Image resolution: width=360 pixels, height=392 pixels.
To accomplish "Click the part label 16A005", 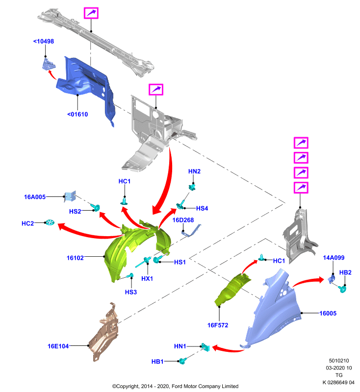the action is click(35, 197).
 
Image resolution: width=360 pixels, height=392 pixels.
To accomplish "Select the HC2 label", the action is click(27, 223).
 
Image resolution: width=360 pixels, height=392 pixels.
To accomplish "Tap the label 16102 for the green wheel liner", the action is click(75, 258).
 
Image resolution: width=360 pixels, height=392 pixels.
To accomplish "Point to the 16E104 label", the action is click(58, 346).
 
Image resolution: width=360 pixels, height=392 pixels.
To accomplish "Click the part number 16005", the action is click(328, 313).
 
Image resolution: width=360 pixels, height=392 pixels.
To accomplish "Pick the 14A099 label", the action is click(334, 258).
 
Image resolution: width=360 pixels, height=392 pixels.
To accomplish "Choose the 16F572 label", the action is click(218, 325).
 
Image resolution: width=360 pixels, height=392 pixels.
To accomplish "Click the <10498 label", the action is click(44, 41).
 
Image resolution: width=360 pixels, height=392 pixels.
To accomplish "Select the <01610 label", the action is click(77, 114).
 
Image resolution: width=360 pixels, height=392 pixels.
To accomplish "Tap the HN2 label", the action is click(194, 171).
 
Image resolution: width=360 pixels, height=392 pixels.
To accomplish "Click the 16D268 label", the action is click(183, 220).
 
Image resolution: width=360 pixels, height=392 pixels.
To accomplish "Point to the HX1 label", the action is click(147, 278).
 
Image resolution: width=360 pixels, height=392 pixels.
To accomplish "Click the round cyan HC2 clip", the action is click(50, 222).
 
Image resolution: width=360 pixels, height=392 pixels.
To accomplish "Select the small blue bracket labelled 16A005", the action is click(70, 196).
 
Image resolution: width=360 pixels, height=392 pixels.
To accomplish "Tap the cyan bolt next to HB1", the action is click(182, 361).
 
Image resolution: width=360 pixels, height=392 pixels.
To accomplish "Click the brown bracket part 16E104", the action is click(104, 333).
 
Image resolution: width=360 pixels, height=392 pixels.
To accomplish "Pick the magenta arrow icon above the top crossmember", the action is click(91, 13).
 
